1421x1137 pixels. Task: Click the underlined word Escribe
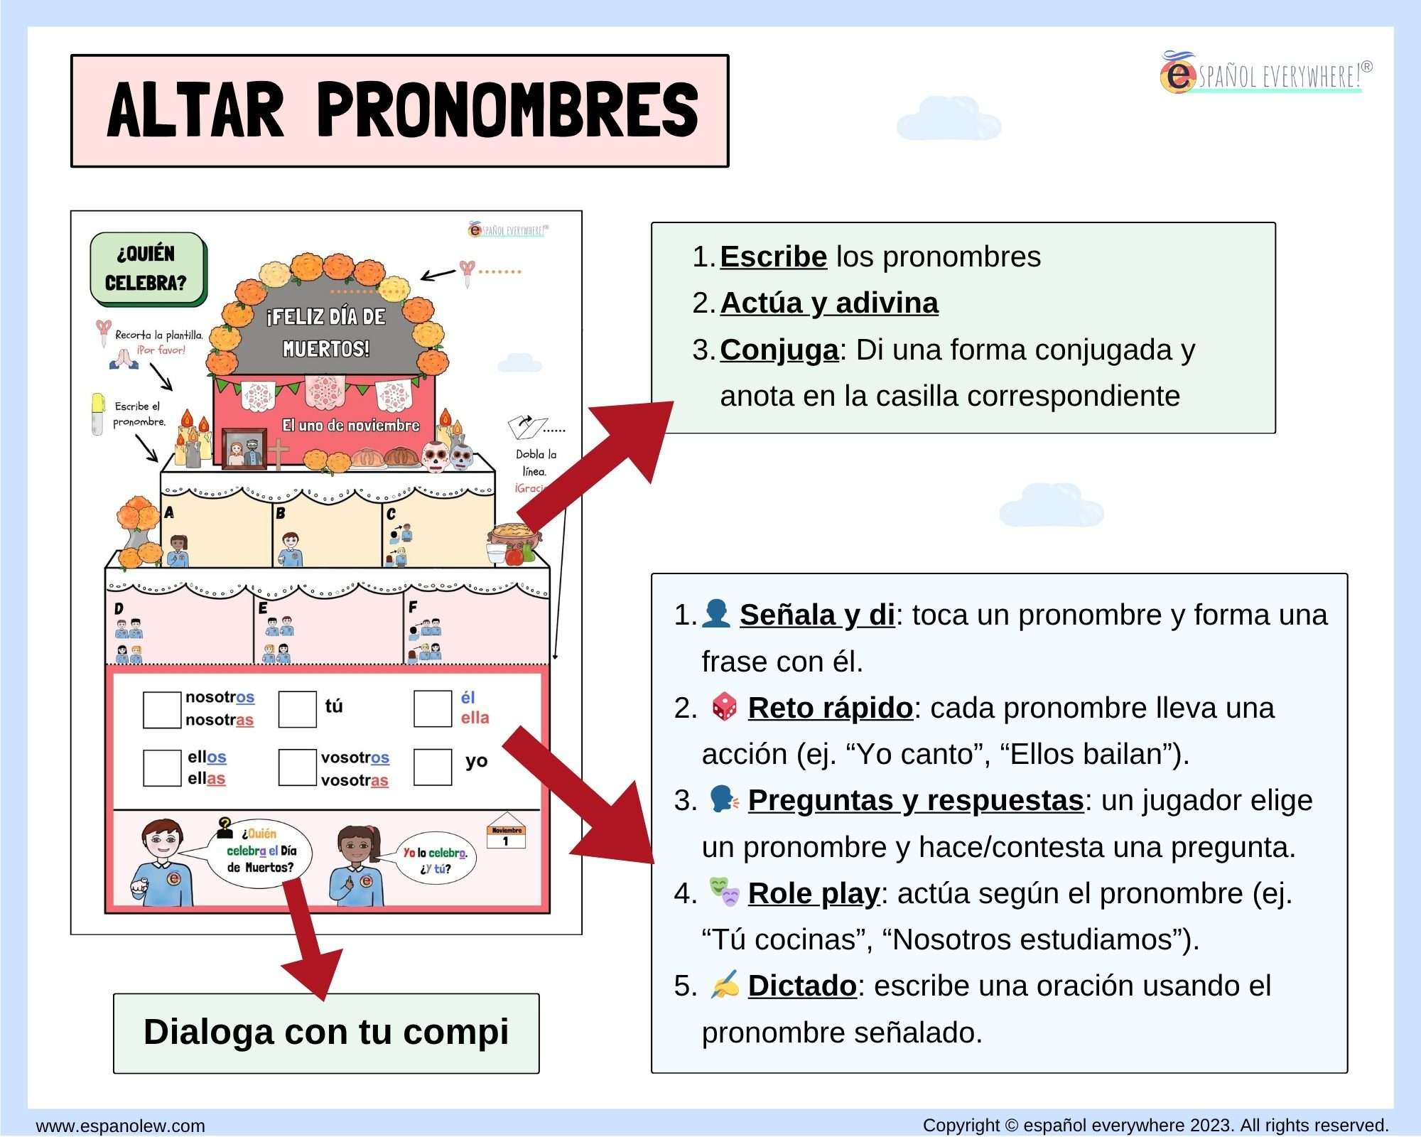(773, 257)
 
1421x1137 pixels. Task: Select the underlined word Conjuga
(779, 350)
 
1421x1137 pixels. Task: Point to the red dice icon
(724, 707)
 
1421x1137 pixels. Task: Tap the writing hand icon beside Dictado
(725, 985)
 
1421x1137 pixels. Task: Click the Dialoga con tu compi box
(326, 1033)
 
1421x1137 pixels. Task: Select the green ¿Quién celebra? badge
(148, 269)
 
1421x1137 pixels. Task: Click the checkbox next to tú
(297, 708)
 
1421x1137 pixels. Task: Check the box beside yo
(433, 767)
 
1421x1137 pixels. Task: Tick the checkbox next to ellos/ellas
(162, 767)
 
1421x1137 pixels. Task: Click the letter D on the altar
(119, 608)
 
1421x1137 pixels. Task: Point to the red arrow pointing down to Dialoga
(306, 938)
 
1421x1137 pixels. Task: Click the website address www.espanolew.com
(120, 1126)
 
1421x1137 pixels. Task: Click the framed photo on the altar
(243, 449)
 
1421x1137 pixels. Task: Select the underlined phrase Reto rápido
(830, 708)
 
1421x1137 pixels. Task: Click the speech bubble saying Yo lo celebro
(436, 860)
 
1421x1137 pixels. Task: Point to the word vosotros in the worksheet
(355, 758)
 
